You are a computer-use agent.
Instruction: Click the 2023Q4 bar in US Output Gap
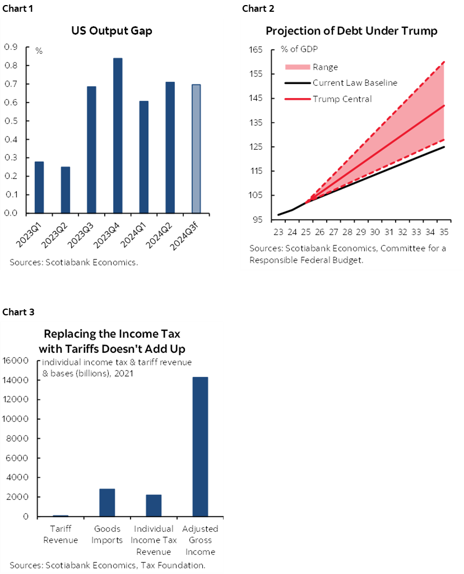click(x=118, y=135)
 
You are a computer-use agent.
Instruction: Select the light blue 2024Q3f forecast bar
click(x=196, y=149)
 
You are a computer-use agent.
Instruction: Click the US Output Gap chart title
click(x=111, y=31)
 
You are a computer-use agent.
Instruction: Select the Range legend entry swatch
click(x=297, y=67)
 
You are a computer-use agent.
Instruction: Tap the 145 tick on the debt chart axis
click(x=256, y=98)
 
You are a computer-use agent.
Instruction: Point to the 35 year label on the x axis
click(x=444, y=231)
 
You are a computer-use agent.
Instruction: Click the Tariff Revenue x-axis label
click(x=60, y=535)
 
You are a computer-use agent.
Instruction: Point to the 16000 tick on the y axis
click(x=18, y=361)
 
